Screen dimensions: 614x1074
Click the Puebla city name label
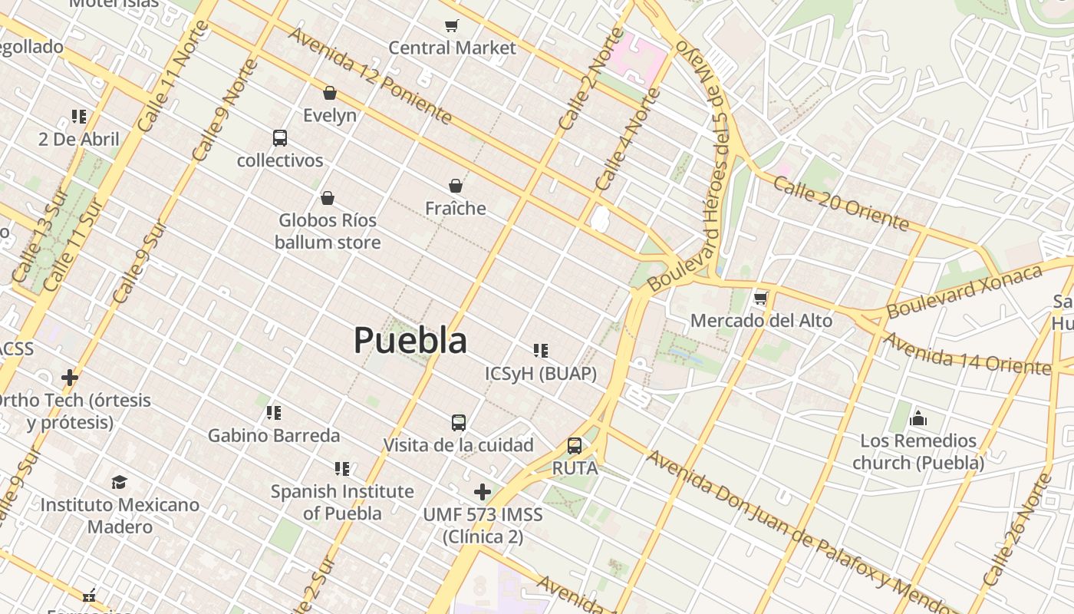point(410,340)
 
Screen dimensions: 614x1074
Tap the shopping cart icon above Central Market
point(452,26)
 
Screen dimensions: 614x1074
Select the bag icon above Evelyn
point(330,93)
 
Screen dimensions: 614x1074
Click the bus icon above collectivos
point(280,138)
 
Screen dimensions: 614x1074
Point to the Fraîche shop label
point(456,208)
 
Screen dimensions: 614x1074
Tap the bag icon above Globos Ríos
point(328,199)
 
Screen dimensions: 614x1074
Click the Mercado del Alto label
point(761,320)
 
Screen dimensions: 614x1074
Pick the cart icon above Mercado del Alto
point(760,298)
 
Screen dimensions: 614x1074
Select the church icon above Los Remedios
point(918,418)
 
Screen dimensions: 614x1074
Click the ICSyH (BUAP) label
point(541,373)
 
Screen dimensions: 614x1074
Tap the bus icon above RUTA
point(574,446)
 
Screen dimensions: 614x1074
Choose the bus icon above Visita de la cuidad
point(458,423)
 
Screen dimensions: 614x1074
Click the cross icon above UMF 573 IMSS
point(483,491)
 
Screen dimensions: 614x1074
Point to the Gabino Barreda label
point(274,435)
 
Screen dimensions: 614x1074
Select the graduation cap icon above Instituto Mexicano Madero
point(119,482)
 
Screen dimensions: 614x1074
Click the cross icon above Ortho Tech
point(70,377)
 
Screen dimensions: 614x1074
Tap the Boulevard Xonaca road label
point(964,291)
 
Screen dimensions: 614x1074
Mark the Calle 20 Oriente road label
point(841,203)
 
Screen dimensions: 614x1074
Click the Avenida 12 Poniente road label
point(370,75)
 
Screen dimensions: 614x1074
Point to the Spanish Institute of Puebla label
point(342,502)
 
